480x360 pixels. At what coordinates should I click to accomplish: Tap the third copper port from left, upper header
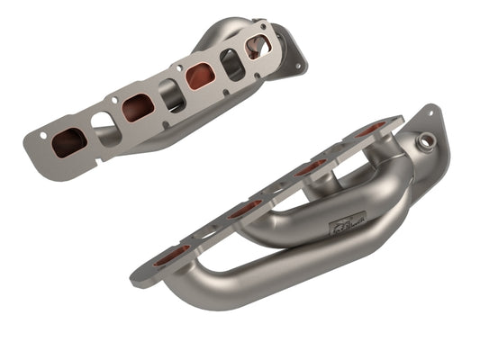point(201,76)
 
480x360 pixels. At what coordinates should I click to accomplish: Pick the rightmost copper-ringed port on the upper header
point(258,46)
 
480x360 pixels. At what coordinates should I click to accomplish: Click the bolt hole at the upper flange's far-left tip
point(41,136)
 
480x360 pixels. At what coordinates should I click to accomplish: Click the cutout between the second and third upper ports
point(172,94)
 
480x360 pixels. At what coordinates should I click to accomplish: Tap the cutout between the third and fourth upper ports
point(232,62)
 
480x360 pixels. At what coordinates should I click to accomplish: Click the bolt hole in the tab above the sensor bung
point(433,114)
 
